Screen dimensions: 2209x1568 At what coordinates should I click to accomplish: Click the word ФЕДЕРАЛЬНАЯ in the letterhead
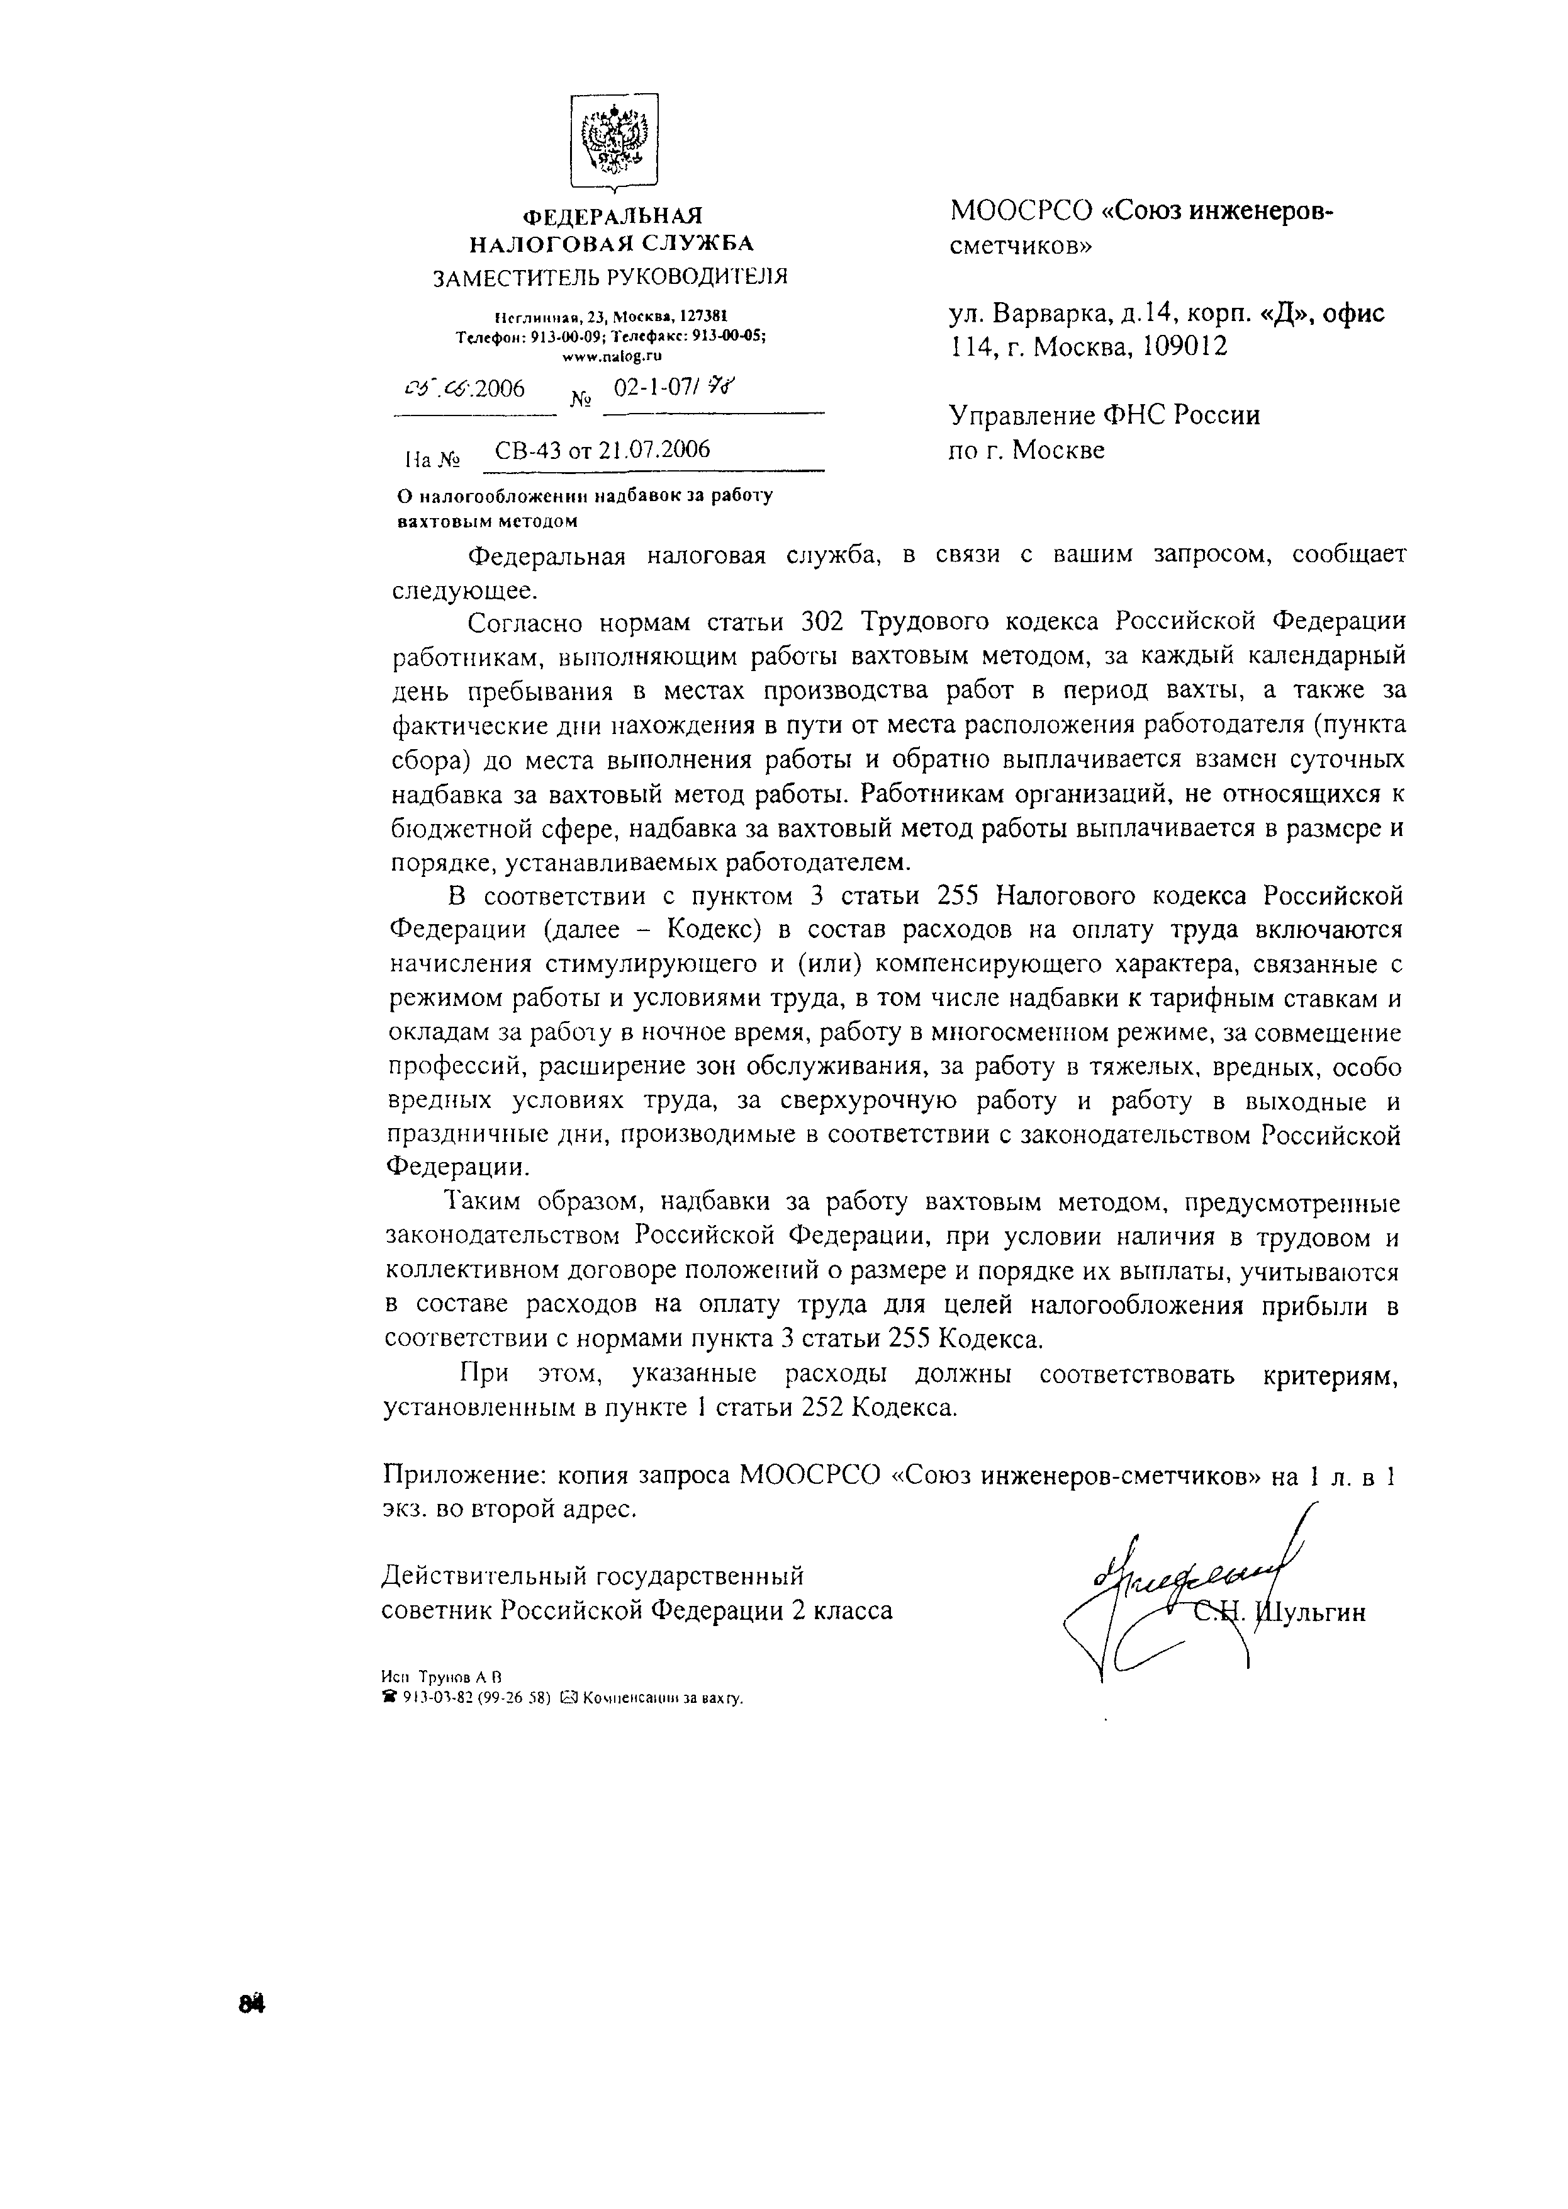click(x=612, y=217)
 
